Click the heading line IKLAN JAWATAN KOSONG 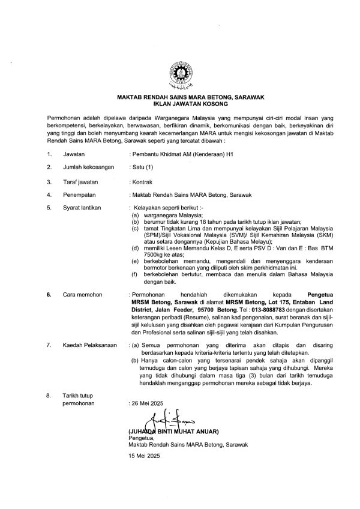pos(180,103)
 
